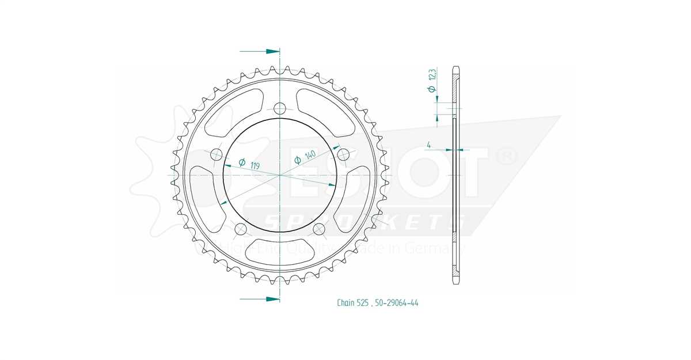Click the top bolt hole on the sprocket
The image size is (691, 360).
[x=280, y=108]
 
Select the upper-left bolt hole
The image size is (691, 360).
[x=217, y=154]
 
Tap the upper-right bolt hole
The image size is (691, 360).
[x=343, y=154]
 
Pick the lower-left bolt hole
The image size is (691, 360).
[x=241, y=229]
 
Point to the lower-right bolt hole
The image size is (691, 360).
[x=319, y=229]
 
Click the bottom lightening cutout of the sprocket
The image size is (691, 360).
[x=280, y=251]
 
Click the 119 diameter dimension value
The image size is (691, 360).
[x=255, y=165]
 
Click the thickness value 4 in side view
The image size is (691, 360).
[x=430, y=145]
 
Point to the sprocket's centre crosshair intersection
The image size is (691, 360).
[x=280, y=175]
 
